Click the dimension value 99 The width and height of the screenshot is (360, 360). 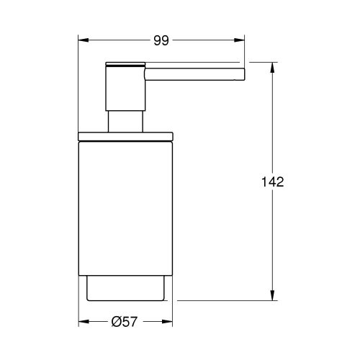(x=161, y=41)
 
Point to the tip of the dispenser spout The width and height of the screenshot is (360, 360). (x=243, y=72)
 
